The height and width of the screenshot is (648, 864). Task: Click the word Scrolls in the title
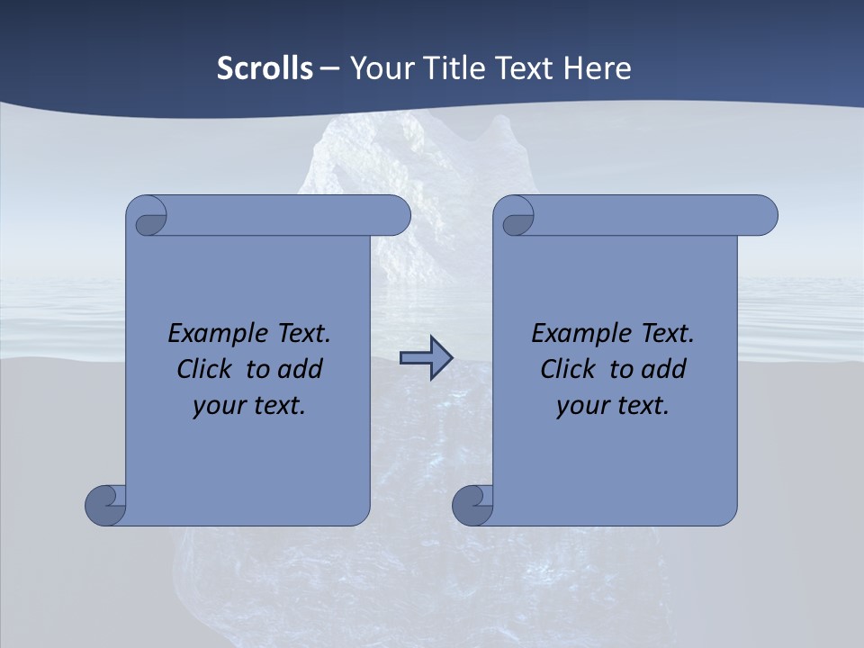click(265, 68)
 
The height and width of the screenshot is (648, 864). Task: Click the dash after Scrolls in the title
click(329, 69)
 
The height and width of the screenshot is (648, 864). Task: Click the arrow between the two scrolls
click(426, 358)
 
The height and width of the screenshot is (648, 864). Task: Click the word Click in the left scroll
click(206, 369)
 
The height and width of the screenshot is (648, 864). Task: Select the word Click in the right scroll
click(568, 369)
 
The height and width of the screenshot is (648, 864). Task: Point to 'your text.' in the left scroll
click(249, 405)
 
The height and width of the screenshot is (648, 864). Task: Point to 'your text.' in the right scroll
click(613, 405)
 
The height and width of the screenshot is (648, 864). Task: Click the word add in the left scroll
click(301, 369)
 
